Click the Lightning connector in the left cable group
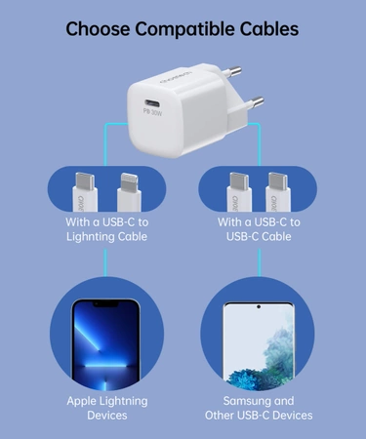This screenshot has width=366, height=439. (129, 193)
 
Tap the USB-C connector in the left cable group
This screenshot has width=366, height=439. (85, 193)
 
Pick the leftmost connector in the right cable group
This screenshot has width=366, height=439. (236, 193)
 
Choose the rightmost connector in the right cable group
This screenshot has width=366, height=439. (280, 193)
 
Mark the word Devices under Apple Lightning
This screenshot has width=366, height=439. (106, 416)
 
